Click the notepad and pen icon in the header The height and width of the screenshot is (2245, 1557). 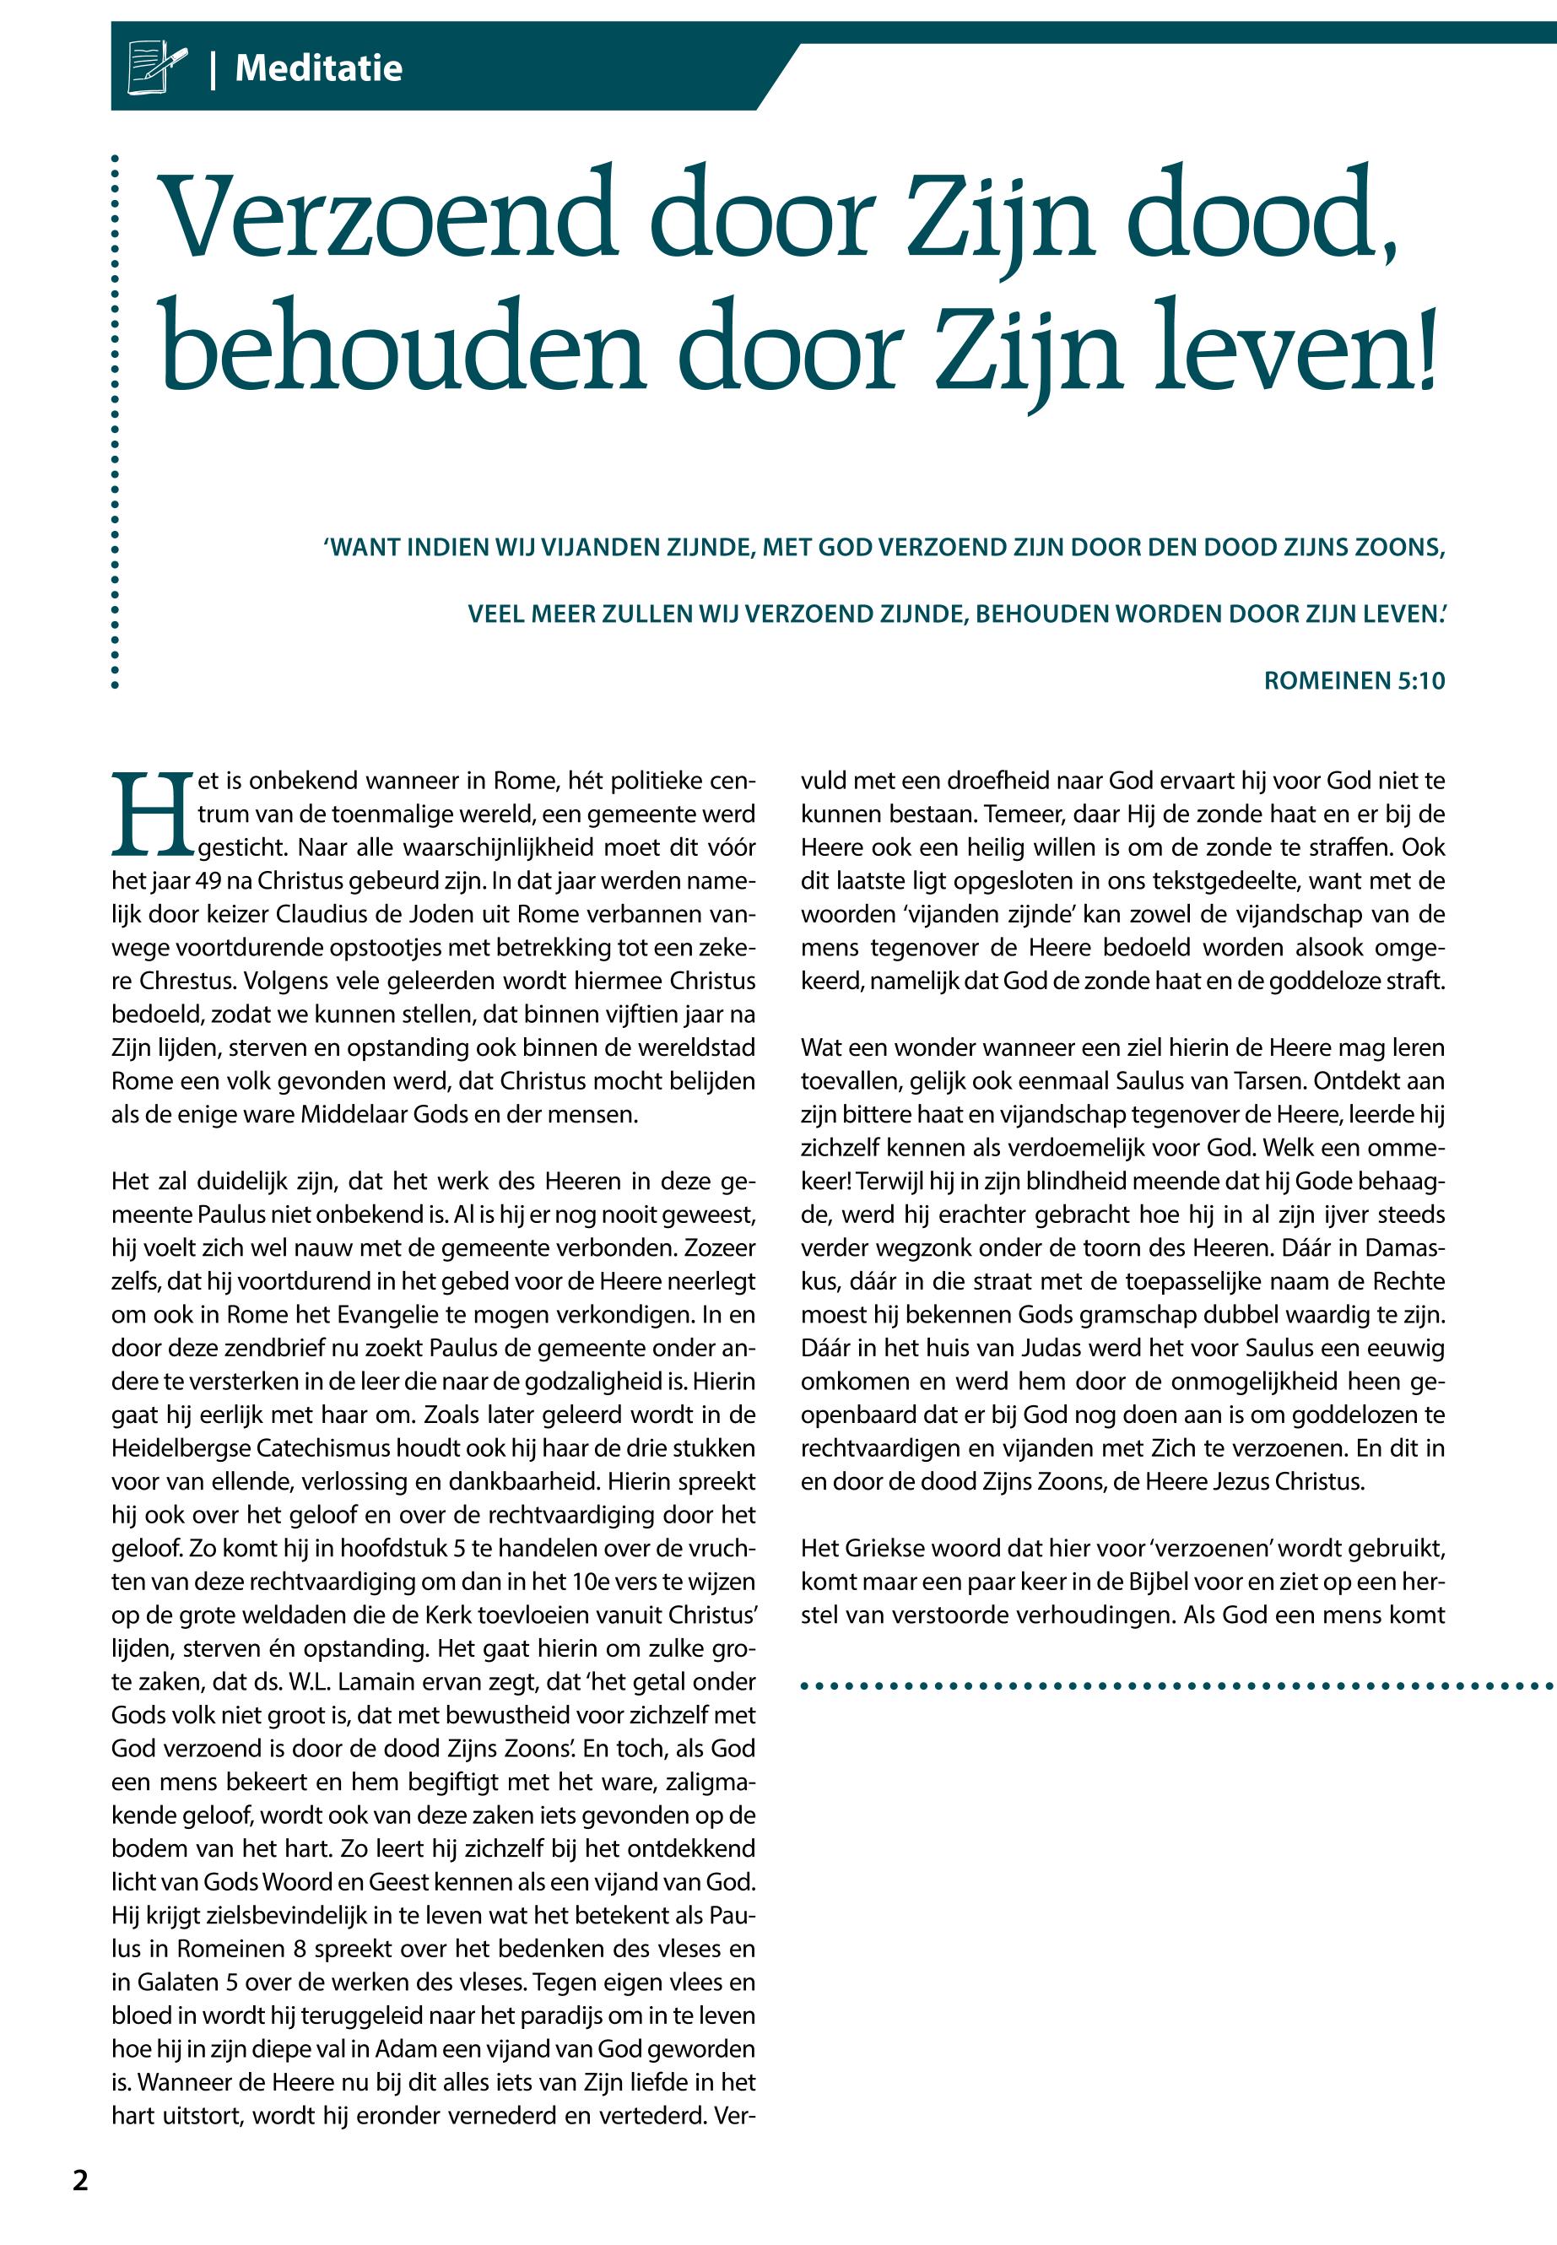(x=156, y=68)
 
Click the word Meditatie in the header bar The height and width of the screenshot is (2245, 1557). (x=318, y=68)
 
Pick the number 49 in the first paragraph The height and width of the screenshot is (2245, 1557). (x=208, y=881)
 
